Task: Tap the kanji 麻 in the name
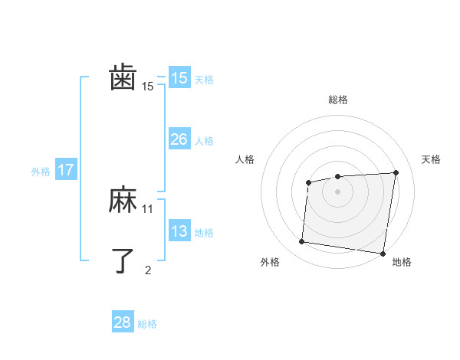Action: click(123, 201)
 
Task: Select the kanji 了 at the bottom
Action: click(123, 260)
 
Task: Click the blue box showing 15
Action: click(179, 78)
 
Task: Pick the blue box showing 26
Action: click(179, 139)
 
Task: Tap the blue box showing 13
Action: click(179, 231)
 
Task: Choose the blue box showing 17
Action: click(66, 170)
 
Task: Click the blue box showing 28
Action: click(123, 322)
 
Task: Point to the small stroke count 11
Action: click(148, 208)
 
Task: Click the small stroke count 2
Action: click(148, 270)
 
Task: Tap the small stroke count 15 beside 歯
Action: click(148, 87)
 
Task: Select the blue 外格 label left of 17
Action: click(41, 172)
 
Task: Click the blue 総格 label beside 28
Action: click(147, 324)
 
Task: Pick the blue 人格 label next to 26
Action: click(204, 141)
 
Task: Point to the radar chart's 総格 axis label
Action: click(338, 100)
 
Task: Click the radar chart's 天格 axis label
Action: click(432, 159)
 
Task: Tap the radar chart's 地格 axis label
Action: click(402, 262)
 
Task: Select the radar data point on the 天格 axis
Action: click(396, 172)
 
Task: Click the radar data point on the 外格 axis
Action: click(302, 242)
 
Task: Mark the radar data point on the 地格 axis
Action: click(382, 253)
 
